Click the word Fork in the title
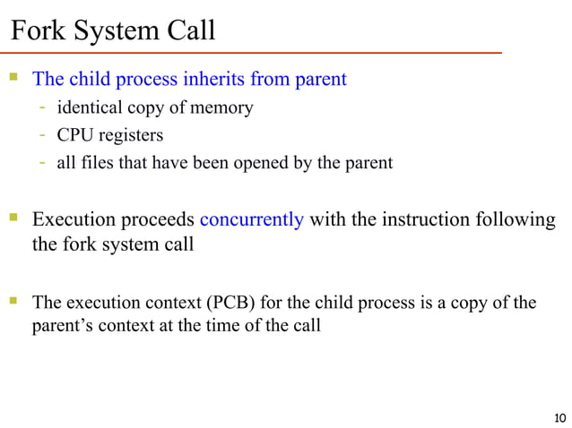[x=37, y=31]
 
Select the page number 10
[x=561, y=417]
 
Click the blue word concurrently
[x=251, y=220]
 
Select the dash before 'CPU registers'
[x=42, y=136]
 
